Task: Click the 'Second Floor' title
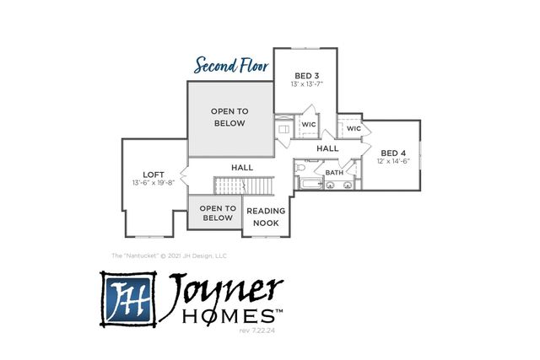coord(232,65)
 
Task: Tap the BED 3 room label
coord(305,74)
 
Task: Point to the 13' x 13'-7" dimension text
coord(305,83)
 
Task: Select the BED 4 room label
coord(393,153)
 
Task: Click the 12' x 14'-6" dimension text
coord(393,161)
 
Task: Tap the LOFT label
coord(153,175)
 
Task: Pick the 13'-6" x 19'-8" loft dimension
coord(153,183)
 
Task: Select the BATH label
coord(335,173)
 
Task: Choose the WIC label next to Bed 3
coord(309,124)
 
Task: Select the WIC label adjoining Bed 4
coord(354,128)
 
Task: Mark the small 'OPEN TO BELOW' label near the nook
coord(217,212)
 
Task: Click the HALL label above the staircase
coord(242,168)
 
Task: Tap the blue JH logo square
coord(128,298)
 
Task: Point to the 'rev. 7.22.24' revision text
coord(259,331)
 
